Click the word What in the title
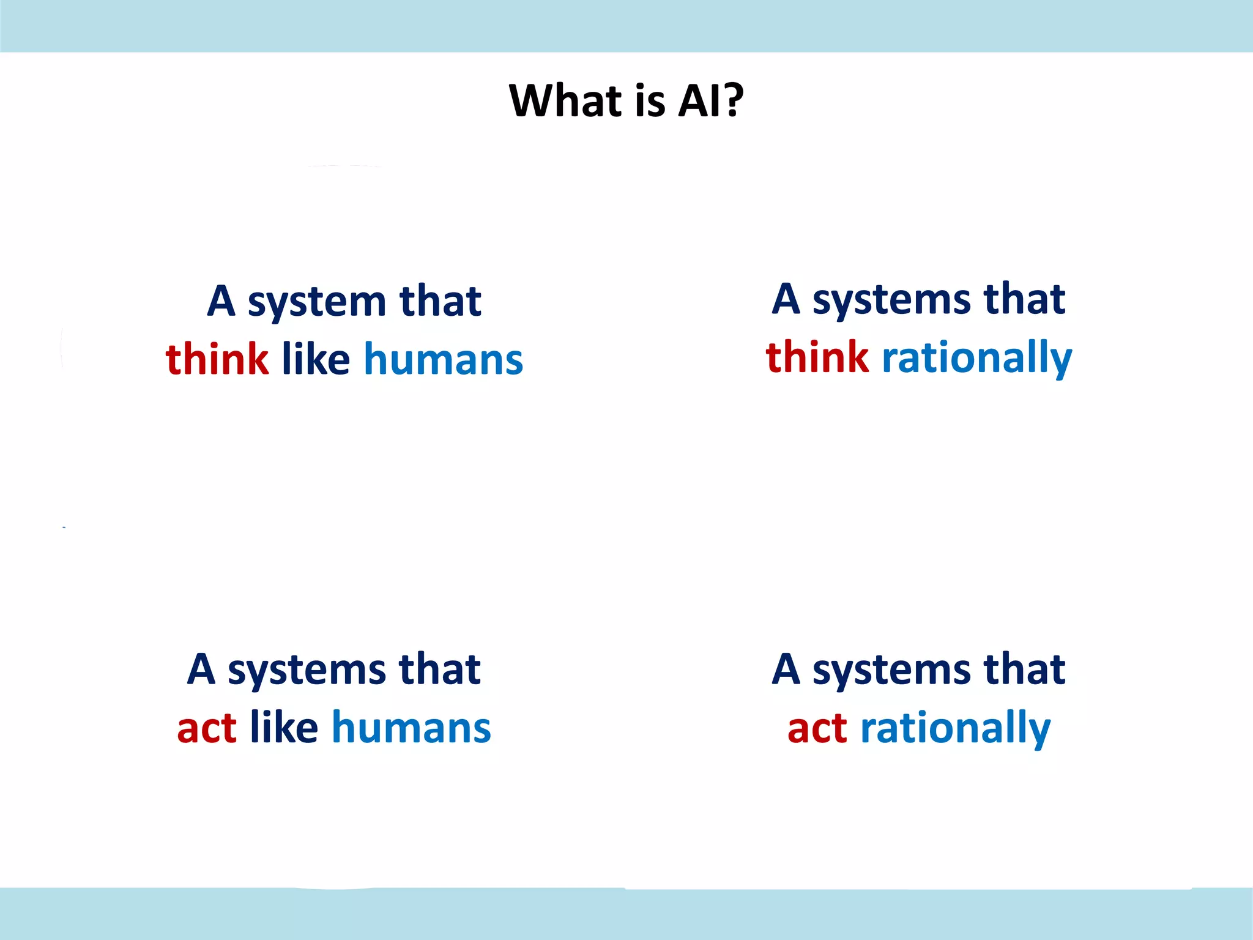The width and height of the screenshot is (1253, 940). click(565, 100)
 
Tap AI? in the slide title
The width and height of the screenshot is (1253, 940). click(710, 100)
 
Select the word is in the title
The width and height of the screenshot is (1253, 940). click(650, 100)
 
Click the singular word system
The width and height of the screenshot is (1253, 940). click(317, 303)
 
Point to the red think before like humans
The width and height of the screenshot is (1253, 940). click(217, 359)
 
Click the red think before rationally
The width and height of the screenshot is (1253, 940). click(817, 357)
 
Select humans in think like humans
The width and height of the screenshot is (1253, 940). click(444, 360)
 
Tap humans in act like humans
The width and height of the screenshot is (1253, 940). click(411, 728)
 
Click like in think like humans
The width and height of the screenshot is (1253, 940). click(316, 359)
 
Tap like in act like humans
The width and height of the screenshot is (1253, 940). click(284, 728)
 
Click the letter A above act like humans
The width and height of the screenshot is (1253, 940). click(201, 669)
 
